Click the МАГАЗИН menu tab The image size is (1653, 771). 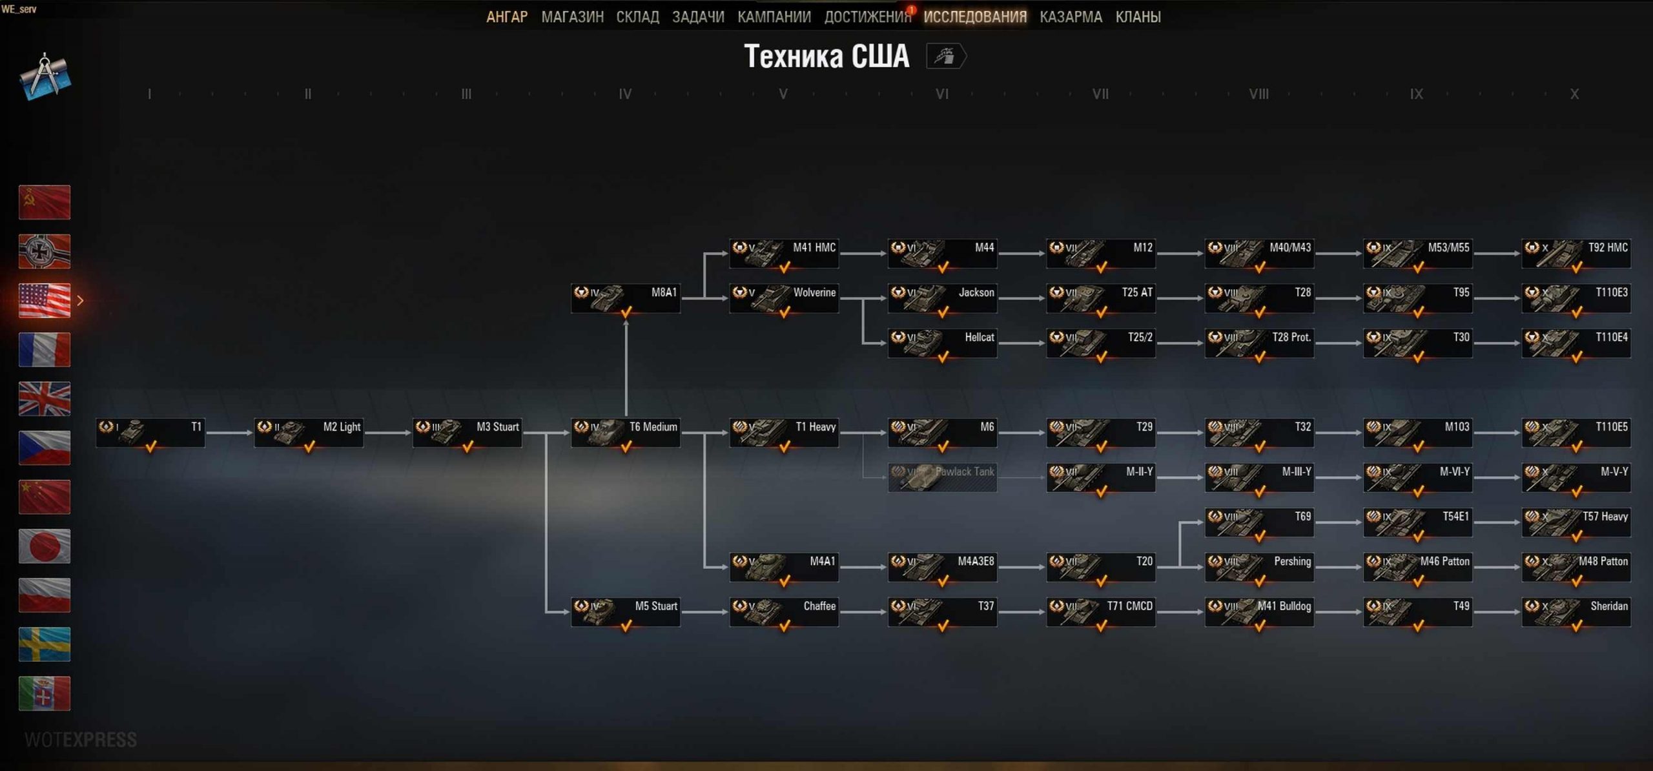coord(572,17)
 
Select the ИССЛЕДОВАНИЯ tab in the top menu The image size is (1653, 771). coord(974,17)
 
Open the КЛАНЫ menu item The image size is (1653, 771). coord(1138,17)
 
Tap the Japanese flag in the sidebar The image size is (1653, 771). coord(45,546)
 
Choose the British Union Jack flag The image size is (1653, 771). coord(45,398)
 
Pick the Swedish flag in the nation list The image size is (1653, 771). coord(45,644)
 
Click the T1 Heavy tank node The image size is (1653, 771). coord(784,433)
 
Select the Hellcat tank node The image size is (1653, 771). coord(942,344)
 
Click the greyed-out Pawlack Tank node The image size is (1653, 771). coord(942,478)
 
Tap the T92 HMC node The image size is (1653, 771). coord(1576,254)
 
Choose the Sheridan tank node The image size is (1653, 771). coord(1576,612)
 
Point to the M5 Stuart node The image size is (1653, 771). coord(625,612)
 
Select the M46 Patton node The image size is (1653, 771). coord(1417,568)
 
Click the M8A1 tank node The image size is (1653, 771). coord(625,299)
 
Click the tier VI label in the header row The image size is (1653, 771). coord(942,94)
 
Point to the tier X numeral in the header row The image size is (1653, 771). coord(1574,94)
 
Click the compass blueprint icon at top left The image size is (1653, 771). coord(45,77)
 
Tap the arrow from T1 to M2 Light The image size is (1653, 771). coord(229,433)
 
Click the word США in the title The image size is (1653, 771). coord(880,56)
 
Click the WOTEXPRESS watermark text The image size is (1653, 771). coord(81,739)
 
